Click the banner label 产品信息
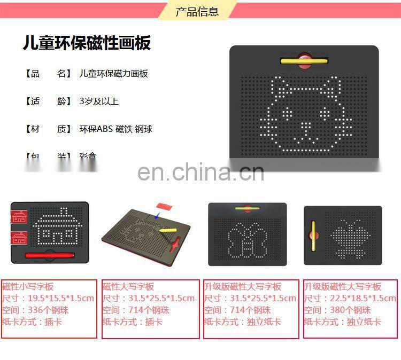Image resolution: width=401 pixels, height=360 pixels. click(x=197, y=11)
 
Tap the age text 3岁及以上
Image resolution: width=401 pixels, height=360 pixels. click(x=99, y=101)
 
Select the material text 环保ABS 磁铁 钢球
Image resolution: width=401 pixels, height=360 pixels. click(x=115, y=129)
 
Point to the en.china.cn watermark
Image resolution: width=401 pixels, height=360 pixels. click(x=200, y=172)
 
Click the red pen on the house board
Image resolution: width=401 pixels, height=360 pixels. click(x=49, y=255)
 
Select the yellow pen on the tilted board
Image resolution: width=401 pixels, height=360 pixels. click(x=167, y=230)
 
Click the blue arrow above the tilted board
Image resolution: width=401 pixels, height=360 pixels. click(x=156, y=216)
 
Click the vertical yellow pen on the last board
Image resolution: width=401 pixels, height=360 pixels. click(x=313, y=236)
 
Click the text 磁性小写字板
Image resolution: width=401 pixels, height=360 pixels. click(x=28, y=287)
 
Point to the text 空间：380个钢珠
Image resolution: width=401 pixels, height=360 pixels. click(x=337, y=310)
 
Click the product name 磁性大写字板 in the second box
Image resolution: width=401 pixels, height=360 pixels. click(x=128, y=287)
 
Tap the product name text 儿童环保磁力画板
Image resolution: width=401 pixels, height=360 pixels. click(x=113, y=74)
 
